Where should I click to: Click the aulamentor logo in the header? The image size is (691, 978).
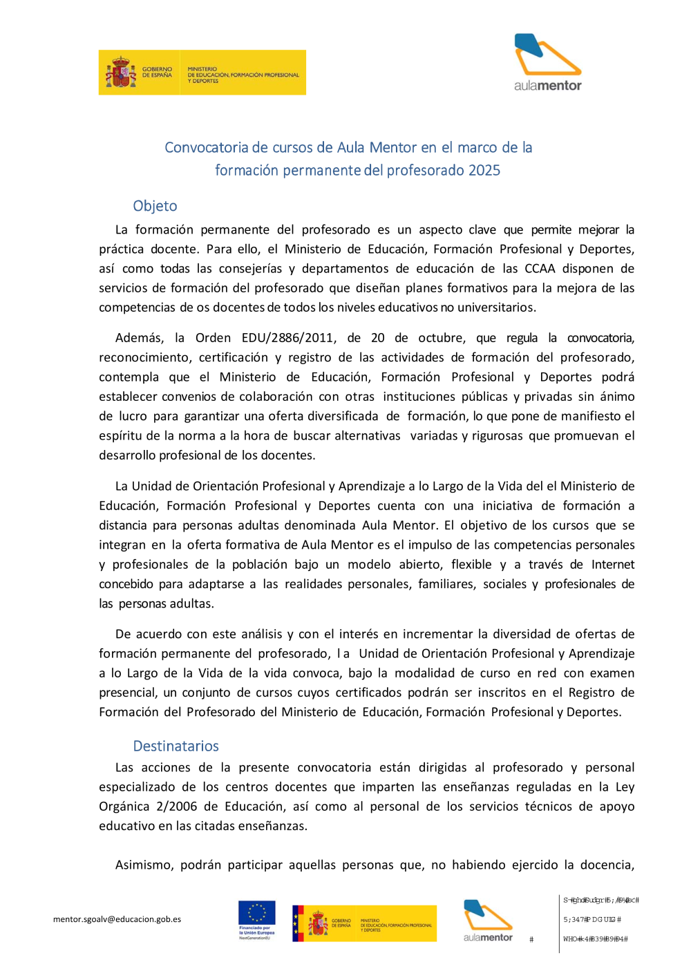(x=547, y=62)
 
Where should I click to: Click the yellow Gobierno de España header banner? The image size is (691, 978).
(x=202, y=72)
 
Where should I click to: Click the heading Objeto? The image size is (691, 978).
(x=155, y=206)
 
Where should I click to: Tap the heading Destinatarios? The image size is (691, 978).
(x=176, y=746)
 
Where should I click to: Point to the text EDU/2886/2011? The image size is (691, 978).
(x=288, y=338)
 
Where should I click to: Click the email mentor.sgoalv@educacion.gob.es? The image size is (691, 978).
(x=117, y=919)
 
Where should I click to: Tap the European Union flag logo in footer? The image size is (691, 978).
(x=256, y=919)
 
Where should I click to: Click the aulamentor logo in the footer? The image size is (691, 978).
(x=488, y=921)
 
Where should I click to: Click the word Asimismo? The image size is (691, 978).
(x=144, y=865)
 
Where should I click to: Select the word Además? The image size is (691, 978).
(x=139, y=338)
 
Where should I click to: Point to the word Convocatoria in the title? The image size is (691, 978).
(x=206, y=147)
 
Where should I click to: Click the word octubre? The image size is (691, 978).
(x=440, y=338)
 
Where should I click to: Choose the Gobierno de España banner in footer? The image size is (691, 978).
(x=364, y=923)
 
